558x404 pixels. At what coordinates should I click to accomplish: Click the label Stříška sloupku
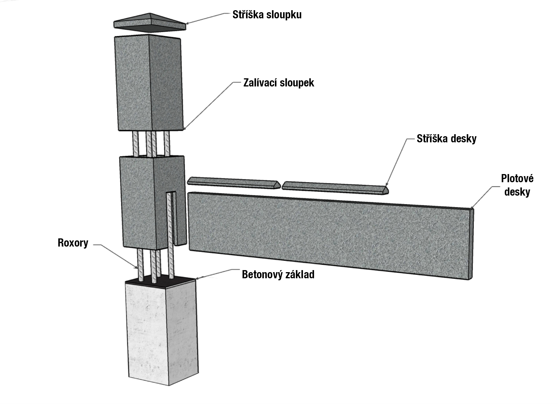267,15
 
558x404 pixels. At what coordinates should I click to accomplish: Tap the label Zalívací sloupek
279,83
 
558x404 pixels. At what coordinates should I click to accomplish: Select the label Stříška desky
446,139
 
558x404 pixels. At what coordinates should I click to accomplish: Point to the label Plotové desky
517,185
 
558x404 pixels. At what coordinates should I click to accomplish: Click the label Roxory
73,243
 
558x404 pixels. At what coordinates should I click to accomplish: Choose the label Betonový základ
278,274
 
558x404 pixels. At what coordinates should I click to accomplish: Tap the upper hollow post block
149,83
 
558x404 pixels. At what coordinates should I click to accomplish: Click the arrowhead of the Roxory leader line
136,267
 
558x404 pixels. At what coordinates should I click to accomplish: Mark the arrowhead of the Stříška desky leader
386,184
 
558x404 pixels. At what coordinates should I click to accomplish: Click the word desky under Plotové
517,192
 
